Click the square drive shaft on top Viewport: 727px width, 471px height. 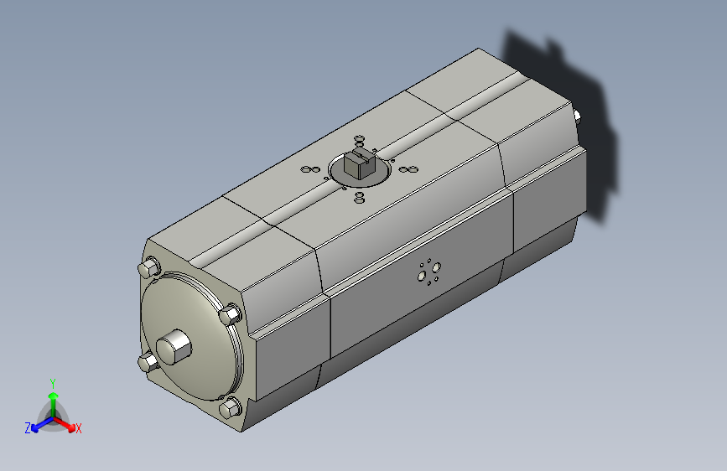tap(360, 163)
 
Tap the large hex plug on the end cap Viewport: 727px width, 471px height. tap(174, 347)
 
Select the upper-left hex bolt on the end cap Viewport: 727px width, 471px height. tap(149, 268)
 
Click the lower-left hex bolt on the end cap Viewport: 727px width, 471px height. tap(148, 361)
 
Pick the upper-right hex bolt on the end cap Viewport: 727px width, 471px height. tap(230, 314)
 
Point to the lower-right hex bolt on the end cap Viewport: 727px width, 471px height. tap(230, 408)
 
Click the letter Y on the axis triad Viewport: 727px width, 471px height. tap(53, 383)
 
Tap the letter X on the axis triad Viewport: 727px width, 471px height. tap(78, 428)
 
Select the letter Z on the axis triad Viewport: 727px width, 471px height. tap(28, 428)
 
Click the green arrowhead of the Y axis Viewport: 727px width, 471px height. tap(54, 396)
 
